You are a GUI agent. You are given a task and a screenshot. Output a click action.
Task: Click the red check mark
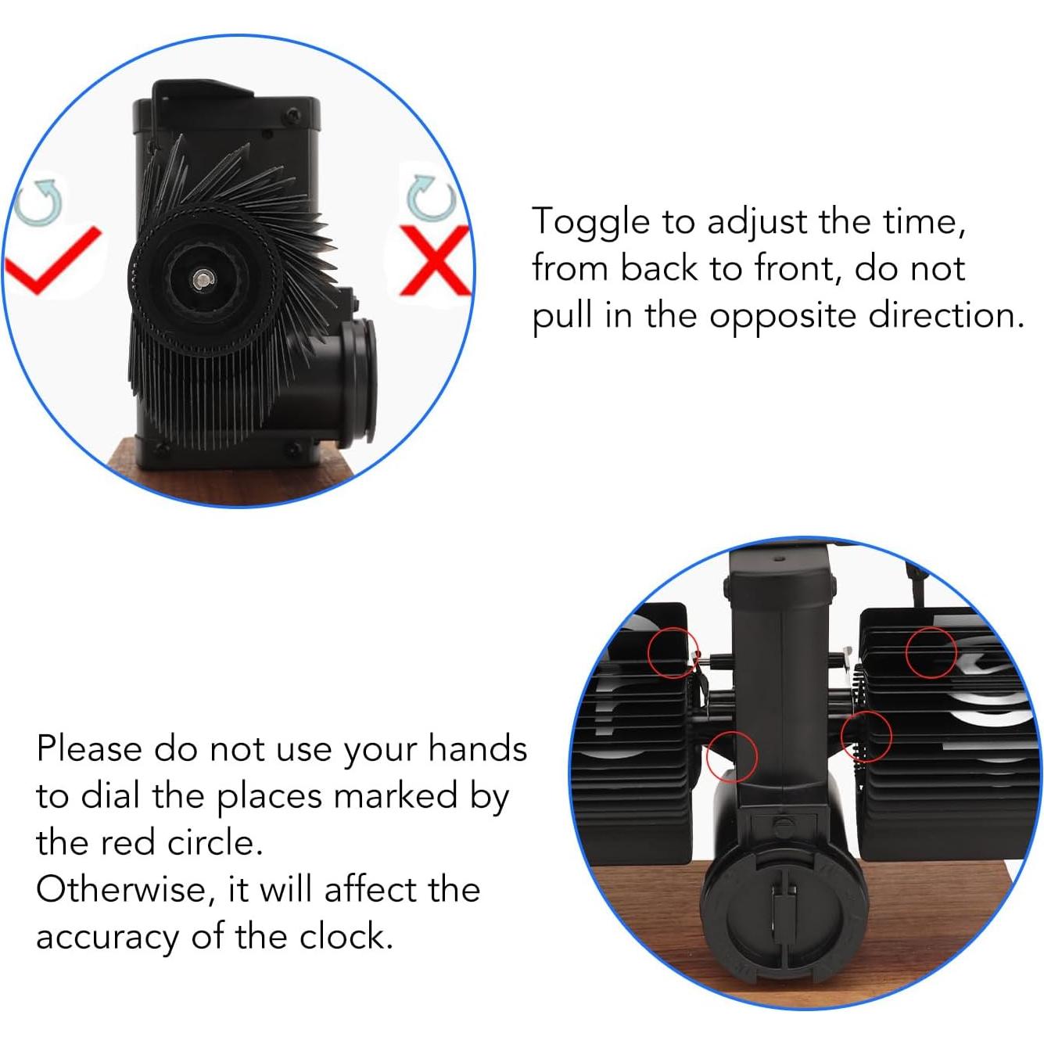click(x=51, y=262)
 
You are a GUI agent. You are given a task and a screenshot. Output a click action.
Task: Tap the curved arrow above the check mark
click(x=38, y=201)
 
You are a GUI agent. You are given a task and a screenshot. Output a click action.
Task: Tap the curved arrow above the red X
click(x=431, y=197)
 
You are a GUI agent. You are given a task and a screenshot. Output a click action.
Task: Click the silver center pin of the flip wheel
click(x=204, y=278)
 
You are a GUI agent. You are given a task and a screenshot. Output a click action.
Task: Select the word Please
click(x=88, y=748)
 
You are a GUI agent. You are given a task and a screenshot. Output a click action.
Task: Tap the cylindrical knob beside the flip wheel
click(x=355, y=379)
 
